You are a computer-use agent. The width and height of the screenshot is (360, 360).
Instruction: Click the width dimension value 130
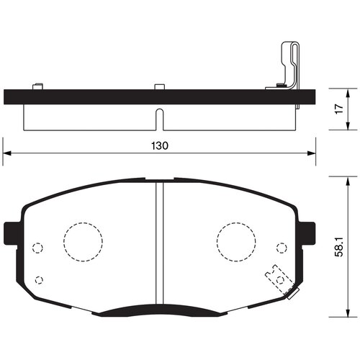[x=160, y=145]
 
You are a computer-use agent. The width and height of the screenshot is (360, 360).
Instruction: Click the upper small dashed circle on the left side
[x=39, y=248]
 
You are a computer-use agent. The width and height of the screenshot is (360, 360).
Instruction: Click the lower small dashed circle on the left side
[x=39, y=280]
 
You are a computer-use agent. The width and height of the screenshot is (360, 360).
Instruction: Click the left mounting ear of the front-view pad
[x=11, y=232]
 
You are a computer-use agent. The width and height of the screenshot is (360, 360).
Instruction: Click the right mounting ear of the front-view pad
[x=310, y=232]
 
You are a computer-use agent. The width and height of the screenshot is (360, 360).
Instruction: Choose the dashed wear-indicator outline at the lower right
[x=277, y=279]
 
